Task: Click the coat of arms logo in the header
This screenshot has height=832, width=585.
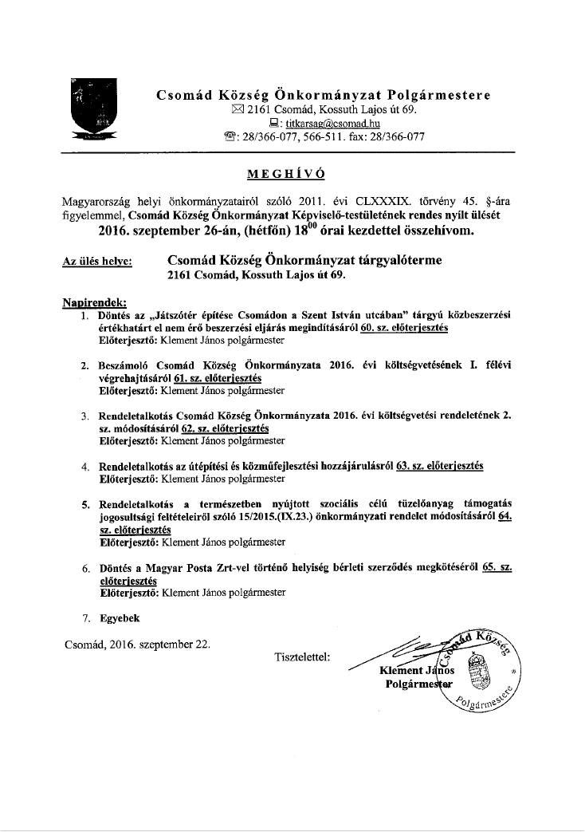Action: [x=92, y=111]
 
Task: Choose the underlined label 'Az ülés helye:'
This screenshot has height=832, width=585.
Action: [x=97, y=261]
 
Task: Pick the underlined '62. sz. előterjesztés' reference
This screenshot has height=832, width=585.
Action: [x=225, y=428]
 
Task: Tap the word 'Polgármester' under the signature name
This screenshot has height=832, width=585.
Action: [x=418, y=684]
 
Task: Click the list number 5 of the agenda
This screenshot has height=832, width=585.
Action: [x=85, y=504]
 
